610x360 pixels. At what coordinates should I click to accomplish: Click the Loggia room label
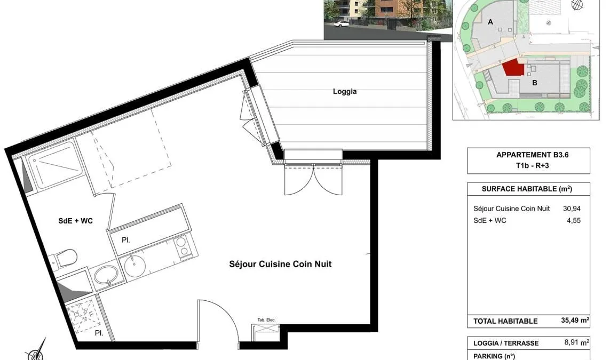(345, 92)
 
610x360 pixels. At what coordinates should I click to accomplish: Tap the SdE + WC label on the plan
(75, 221)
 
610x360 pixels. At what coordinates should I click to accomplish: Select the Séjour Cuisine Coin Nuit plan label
(280, 264)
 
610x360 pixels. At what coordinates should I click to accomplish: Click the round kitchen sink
(134, 266)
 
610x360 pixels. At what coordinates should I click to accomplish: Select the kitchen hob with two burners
(181, 247)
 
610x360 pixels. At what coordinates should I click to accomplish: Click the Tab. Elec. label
(266, 320)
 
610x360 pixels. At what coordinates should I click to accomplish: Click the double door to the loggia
(314, 179)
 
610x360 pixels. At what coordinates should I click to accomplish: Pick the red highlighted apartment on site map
(513, 68)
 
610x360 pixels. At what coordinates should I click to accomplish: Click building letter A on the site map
(490, 22)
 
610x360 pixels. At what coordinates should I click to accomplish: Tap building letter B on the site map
(535, 83)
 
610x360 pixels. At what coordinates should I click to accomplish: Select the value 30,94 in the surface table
(572, 209)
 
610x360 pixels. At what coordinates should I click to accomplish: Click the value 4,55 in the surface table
(574, 220)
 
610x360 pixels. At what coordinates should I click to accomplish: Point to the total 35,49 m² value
(575, 321)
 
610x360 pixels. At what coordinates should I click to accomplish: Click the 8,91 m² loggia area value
(576, 342)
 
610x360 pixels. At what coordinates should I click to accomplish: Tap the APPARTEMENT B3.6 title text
(532, 155)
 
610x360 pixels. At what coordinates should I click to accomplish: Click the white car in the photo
(341, 23)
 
